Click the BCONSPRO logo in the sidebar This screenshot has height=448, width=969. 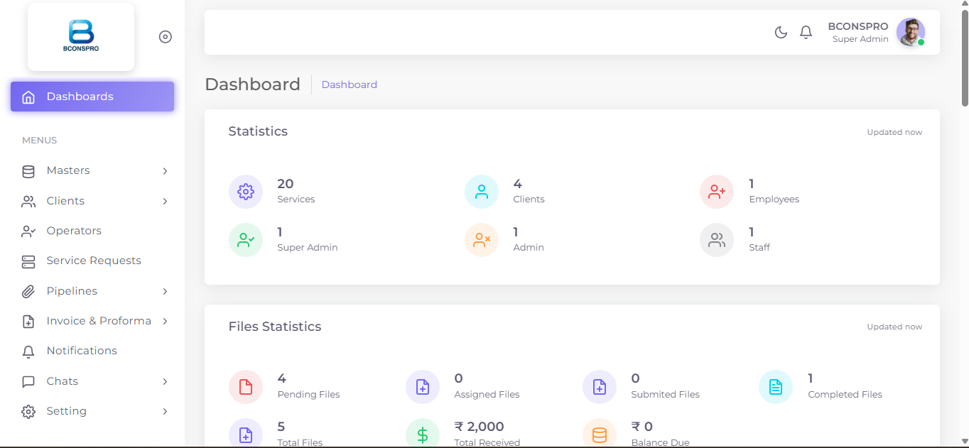(x=81, y=36)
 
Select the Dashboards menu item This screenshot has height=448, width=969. (x=92, y=97)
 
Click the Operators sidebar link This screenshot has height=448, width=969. (x=74, y=231)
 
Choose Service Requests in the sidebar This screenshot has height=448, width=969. (x=94, y=261)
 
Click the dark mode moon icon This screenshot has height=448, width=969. (x=781, y=33)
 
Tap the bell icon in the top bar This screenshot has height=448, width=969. (x=806, y=33)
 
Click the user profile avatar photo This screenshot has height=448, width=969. (x=911, y=32)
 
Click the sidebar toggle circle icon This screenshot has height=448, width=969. (x=166, y=37)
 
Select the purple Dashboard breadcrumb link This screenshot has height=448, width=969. (x=349, y=84)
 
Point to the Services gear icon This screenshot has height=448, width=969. (x=246, y=192)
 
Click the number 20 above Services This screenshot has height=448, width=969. (x=286, y=184)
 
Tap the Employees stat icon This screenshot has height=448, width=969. (x=717, y=192)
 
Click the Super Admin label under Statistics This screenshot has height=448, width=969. (x=308, y=247)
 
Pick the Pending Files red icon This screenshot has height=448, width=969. (x=246, y=387)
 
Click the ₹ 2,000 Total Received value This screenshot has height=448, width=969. (x=480, y=427)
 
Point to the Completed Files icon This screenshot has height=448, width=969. (x=776, y=387)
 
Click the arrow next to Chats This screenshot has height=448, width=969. (x=166, y=381)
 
